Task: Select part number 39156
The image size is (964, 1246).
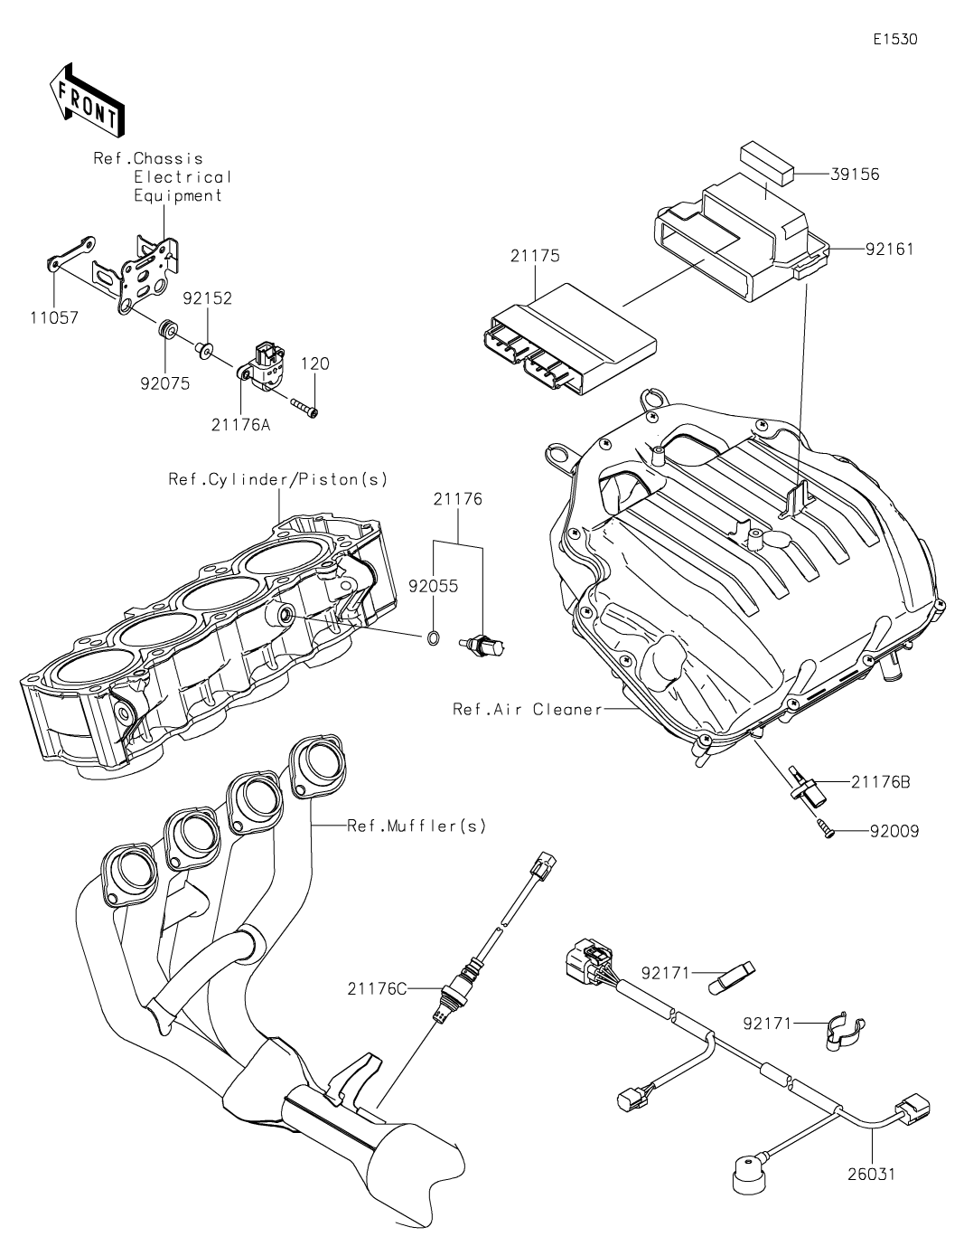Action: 855,175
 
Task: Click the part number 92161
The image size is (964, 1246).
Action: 889,250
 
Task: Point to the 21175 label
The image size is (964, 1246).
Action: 535,256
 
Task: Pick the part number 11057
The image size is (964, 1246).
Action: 54,317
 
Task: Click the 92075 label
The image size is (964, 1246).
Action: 165,383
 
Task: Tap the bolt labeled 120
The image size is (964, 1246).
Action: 304,409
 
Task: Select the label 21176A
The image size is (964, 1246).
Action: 240,426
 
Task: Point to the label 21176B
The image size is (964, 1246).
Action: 880,781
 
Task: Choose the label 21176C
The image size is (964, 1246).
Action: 377,988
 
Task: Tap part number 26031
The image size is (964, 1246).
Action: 871,1175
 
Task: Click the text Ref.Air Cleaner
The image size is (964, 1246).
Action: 528,709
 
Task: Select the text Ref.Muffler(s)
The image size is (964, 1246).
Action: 416,826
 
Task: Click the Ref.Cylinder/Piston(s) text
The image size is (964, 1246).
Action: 277,479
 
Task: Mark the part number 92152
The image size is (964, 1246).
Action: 208,298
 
